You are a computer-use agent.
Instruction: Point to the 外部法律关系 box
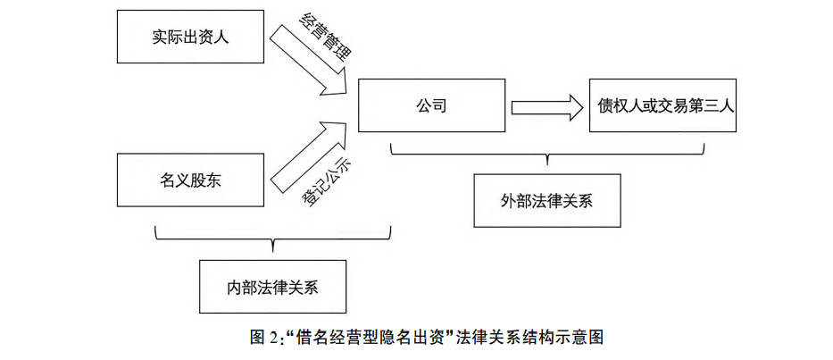click(x=546, y=200)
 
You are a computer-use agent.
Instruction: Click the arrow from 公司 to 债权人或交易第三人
click(x=545, y=107)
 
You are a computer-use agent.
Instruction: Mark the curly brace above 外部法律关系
click(x=546, y=153)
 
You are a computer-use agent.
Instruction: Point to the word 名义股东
click(x=191, y=180)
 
